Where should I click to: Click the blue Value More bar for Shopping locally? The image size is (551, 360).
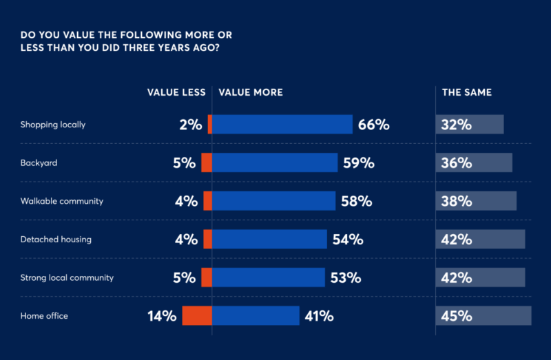point(282,125)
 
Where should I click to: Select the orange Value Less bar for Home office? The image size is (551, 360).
point(197,316)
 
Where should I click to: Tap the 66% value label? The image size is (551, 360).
point(374,125)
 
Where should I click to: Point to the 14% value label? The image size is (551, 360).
point(162,316)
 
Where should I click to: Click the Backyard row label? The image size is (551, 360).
point(39,163)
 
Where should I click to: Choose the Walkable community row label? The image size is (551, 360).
point(62,201)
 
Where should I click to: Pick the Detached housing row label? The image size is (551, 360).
point(56,240)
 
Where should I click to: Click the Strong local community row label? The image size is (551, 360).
point(67,277)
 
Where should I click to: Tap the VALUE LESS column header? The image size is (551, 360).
point(176,92)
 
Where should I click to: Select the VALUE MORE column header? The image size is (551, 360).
point(251,92)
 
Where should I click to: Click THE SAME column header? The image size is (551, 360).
point(466,92)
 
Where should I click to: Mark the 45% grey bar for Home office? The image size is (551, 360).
point(484,316)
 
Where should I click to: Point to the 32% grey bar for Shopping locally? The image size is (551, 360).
point(470,125)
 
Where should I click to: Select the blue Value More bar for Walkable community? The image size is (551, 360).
point(273,201)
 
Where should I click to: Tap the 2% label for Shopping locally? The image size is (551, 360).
point(188,125)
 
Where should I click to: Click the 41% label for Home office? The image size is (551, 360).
point(318,316)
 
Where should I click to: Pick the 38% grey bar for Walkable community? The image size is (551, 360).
point(476,201)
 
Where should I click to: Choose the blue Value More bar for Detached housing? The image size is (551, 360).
point(269,240)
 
